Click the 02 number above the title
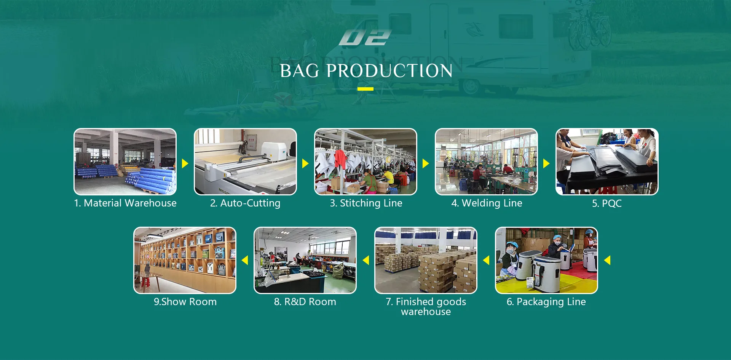click(x=365, y=38)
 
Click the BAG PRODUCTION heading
click(x=366, y=71)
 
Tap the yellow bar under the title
click(x=365, y=89)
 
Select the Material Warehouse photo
click(x=125, y=162)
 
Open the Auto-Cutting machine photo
click(x=246, y=162)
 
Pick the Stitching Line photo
click(x=366, y=162)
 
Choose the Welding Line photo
click(x=487, y=162)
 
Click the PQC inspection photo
click(x=607, y=162)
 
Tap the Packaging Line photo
click(x=546, y=261)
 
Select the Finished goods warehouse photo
click(x=426, y=261)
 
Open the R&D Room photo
click(x=305, y=261)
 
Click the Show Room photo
click(x=185, y=261)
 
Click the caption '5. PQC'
click(x=607, y=203)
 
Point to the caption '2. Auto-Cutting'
click(x=245, y=203)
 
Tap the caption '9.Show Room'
click(x=185, y=302)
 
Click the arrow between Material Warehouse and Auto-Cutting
click(x=185, y=163)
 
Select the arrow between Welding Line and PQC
click(x=547, y=163)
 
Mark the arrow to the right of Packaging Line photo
click(x=607, y=260)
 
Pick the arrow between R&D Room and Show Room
click(x=245, y=260)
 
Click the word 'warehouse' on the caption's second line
click(x=426, y=312)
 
